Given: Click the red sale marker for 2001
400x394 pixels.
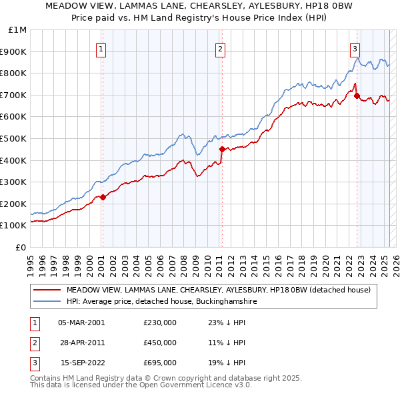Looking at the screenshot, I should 103,197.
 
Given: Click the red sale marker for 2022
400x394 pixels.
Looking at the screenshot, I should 357,95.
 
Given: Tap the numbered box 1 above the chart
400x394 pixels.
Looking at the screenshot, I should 101,48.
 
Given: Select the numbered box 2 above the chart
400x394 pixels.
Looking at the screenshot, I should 220,48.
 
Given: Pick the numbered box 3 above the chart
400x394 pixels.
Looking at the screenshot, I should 355,48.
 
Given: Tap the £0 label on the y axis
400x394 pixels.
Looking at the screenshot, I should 21,247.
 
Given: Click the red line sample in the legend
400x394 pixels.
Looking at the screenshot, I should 47,290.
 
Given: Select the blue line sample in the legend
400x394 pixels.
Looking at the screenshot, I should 47,302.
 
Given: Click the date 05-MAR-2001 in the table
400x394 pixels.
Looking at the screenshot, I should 81,323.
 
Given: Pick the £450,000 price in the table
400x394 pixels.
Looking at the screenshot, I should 159,343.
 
